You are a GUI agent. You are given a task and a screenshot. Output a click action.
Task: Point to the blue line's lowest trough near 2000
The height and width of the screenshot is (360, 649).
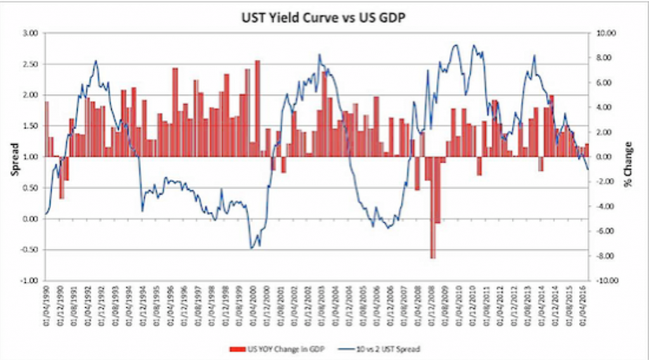tap(252, 247)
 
